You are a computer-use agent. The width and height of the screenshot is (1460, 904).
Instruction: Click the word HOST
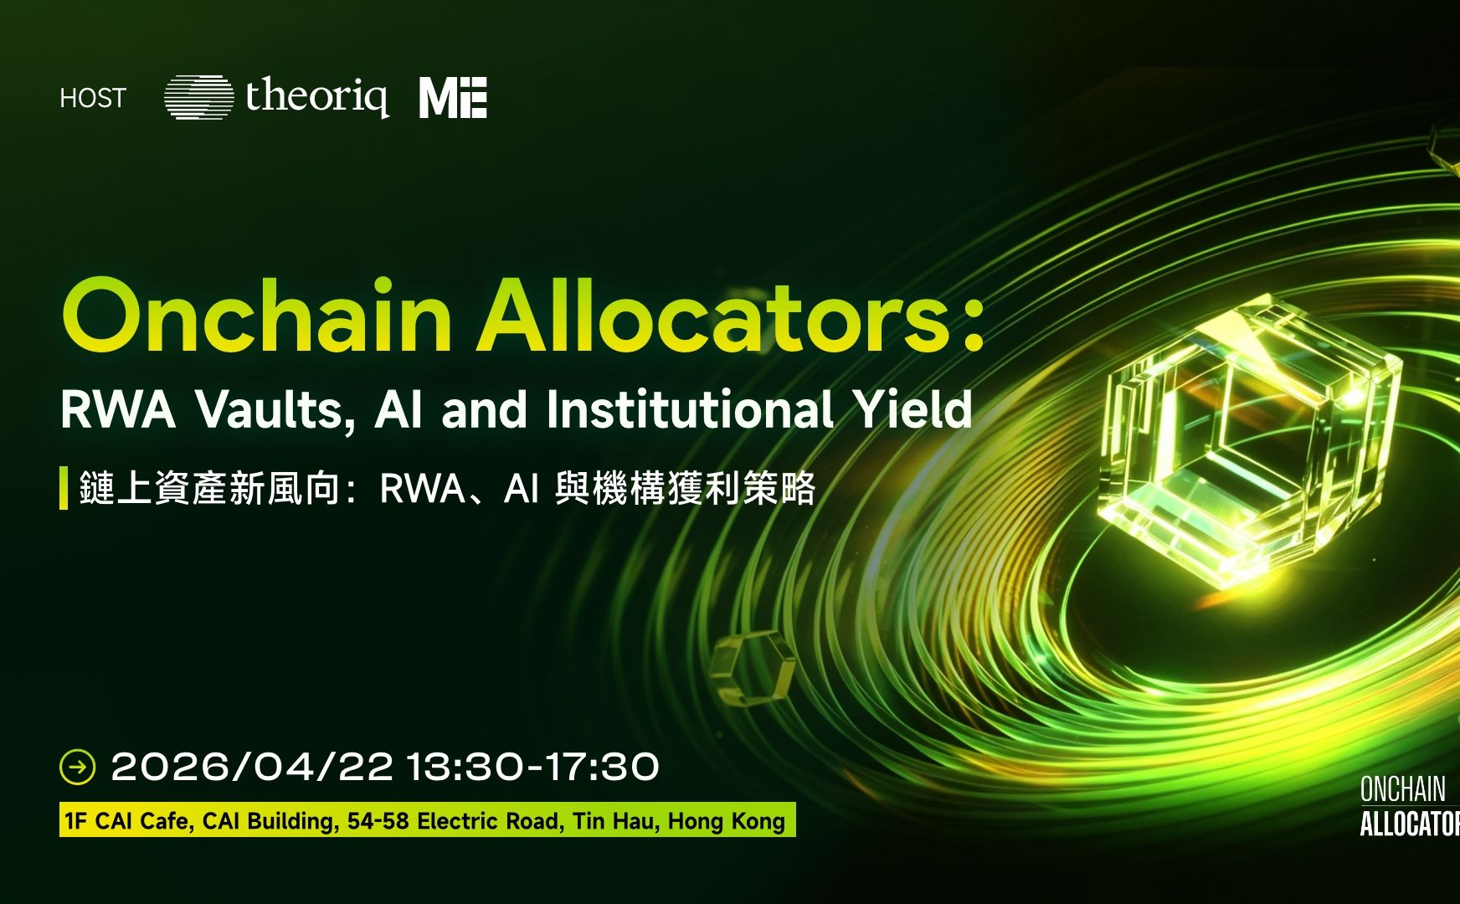coord(93,98)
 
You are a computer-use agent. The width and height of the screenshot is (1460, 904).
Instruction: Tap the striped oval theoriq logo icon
coord(198,97)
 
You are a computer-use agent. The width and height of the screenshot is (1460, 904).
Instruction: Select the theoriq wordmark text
coord(317,96)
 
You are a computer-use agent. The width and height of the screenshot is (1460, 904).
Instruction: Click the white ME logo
coord(453,97)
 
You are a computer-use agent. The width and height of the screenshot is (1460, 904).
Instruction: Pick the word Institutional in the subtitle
coord(689,409)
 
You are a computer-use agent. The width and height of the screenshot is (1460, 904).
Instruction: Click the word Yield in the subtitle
coord(912,409)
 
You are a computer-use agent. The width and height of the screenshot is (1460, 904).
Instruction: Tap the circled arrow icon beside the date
coord(78,767)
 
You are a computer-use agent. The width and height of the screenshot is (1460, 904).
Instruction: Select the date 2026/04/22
coord(252,767)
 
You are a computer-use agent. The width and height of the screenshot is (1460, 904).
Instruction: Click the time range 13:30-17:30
coord(533,767)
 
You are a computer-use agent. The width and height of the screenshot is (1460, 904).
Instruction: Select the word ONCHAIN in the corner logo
coord(1403,789)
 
